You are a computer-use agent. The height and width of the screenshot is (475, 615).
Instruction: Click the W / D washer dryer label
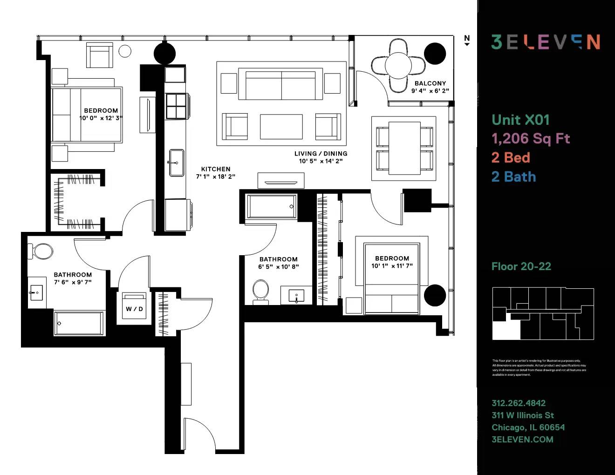134,309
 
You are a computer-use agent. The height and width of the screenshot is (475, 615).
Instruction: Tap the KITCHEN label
216,169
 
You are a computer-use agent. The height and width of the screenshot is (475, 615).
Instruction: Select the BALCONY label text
430,83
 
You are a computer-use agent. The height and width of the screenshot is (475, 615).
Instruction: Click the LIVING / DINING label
321,154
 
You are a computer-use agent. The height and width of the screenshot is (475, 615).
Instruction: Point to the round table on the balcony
398,66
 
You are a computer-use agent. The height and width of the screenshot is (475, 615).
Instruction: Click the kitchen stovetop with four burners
176,106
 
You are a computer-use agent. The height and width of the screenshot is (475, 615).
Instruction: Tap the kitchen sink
177,163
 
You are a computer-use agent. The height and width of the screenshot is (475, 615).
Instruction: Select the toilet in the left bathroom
42,251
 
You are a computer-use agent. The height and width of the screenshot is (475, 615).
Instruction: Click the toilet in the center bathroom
261,291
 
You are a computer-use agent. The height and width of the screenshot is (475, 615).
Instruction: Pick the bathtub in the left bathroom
79,323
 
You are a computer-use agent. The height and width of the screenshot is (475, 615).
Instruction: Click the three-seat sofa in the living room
281,85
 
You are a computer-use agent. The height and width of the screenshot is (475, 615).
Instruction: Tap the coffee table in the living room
281,127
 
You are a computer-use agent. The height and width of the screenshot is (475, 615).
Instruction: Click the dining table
404,148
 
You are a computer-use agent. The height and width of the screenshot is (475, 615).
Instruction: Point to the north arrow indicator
467,41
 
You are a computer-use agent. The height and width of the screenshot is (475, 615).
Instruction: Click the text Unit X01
520,120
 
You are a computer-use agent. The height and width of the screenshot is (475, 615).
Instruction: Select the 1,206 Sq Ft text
531,138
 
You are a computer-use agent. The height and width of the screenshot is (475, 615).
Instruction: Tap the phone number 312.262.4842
519,403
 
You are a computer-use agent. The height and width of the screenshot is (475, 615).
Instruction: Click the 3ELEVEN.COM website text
522,440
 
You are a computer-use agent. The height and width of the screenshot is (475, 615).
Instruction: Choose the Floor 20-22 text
521,266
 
